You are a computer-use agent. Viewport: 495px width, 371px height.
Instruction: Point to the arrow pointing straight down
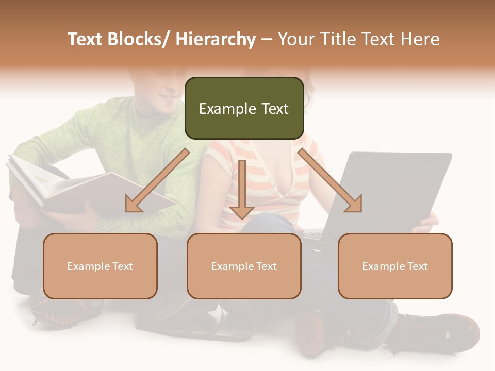click(242, 191)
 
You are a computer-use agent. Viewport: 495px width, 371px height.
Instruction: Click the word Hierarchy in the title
click(215, 39)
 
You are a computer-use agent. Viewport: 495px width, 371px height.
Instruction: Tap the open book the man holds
click(77, 185)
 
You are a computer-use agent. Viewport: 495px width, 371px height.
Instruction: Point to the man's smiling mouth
click(168, 97)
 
